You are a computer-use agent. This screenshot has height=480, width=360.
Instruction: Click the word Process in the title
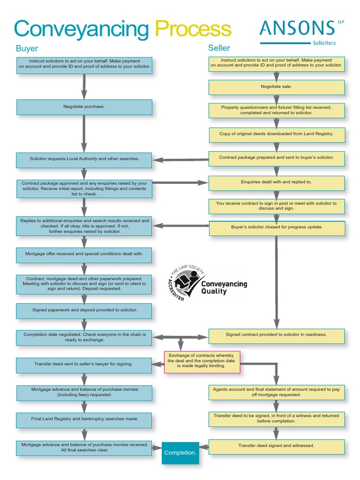[193, 29]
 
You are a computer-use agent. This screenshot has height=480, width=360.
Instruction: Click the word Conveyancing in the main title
[81, 29]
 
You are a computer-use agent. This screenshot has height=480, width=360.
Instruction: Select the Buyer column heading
[27, 48]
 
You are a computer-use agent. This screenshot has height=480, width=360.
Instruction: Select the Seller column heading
[219, 48]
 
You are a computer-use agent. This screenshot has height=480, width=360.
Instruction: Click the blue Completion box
[180, 452]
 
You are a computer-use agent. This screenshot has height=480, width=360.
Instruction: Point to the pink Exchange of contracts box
[202, 362]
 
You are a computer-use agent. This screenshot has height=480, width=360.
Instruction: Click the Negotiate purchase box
[84, 107]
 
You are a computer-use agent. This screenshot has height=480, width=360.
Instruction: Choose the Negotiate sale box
[277, 87]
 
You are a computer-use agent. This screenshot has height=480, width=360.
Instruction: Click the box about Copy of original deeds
[277, 134]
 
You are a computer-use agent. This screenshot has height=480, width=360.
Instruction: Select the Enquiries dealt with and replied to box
[277, 182]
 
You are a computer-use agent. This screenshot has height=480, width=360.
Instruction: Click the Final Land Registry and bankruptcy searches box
[84, 419]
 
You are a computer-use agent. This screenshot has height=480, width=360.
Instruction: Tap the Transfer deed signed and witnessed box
[277, 446]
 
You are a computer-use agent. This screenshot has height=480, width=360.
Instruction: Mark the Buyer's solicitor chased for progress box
[277, 227]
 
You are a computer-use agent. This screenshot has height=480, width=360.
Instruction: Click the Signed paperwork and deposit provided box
[84, 310]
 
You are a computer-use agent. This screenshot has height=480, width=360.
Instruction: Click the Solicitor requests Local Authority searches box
[84, 159]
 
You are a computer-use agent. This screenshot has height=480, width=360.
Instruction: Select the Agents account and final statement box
[277, 392]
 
